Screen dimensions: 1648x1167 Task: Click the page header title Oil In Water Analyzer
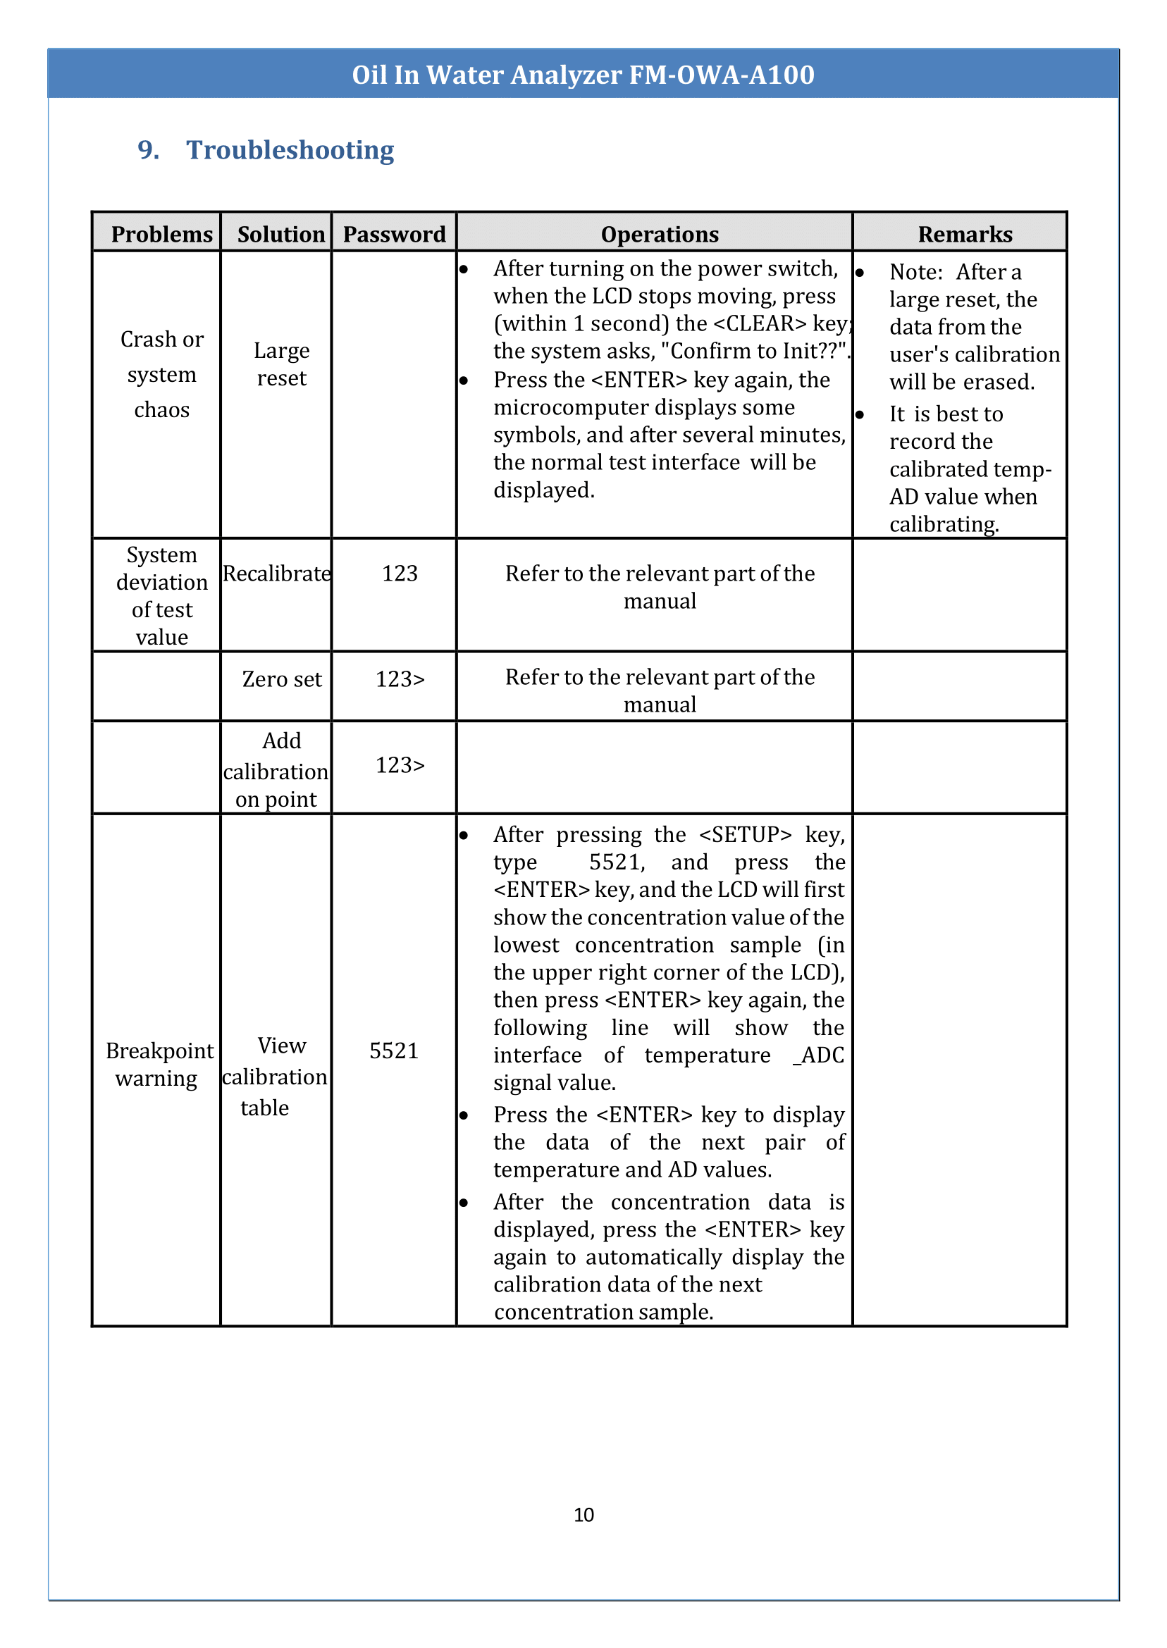pos(583,75)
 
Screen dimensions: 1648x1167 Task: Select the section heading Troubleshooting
pos(290,150)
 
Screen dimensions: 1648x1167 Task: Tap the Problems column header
pos(161,234)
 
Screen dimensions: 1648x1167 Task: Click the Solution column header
pos(281,234)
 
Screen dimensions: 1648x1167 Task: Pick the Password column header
pos(394,234)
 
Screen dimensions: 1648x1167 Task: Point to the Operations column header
pos(659,234)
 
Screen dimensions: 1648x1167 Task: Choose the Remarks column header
pos(964,234)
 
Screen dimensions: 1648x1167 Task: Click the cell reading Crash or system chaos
pos(161,374)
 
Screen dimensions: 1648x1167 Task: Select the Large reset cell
pos(281,364)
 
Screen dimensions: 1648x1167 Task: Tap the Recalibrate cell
pos(276,574)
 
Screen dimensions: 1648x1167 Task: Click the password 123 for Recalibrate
pos(400,574)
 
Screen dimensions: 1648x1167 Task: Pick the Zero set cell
pos(281,679)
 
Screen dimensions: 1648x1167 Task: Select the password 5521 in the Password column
pos(393,1051)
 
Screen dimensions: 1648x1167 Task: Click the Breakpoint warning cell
pos(159,1064)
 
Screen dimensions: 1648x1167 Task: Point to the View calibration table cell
pos(276,1076)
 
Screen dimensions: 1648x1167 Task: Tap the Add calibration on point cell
pos(276,770)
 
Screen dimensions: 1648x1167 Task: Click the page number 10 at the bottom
pos(583,1515)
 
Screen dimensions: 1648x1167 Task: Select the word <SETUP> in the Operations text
pos(744,835)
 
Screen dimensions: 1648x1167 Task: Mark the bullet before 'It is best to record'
pos(860,414)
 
